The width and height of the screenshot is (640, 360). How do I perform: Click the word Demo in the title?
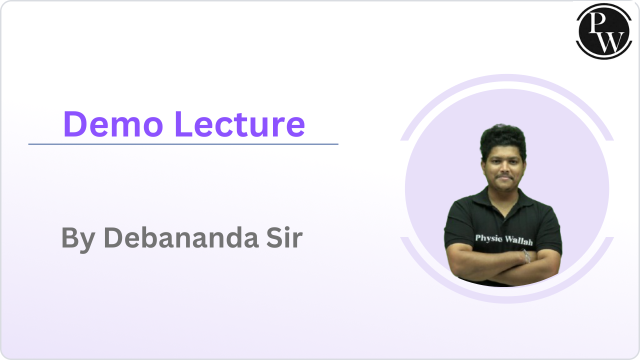pyautogui.click(x=113, y=124)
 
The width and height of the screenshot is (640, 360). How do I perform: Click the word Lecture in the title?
pyautogui.click(x=239, y=124)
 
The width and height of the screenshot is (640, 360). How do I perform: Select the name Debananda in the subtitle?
pyautogui.click(x=181, y=237)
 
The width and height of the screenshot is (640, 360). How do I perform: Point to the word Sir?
pyautogui.click(x=284, y=237)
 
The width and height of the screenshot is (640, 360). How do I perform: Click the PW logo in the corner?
pyautogui.click(x=603, y=31)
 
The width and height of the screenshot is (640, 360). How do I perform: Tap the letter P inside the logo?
pyautogui.click(x=597, y=23)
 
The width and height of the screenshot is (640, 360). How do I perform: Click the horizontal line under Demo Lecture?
pyautogui.click(x=183, y=144)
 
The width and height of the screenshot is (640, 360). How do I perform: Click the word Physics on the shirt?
pyautogui.click(x=488, y=238)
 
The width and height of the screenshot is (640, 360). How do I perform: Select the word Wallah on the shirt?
pyautogui.click(x=518, y=240)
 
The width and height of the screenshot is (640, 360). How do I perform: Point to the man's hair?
pyautogui.click(x=503, y=140)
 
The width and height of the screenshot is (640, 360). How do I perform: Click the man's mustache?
pyautogui.click(x=504, y=177)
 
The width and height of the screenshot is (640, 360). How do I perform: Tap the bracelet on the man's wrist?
pyautogui.click(x=526, y=256)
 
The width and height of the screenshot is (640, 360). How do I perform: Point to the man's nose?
pyautogui.click(x=504, y=169)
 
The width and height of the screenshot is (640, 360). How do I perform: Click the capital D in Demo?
pyautogui.click(x=74, y=124)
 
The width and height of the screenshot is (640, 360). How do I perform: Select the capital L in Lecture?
pyautogui.click(x=183, y=124)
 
